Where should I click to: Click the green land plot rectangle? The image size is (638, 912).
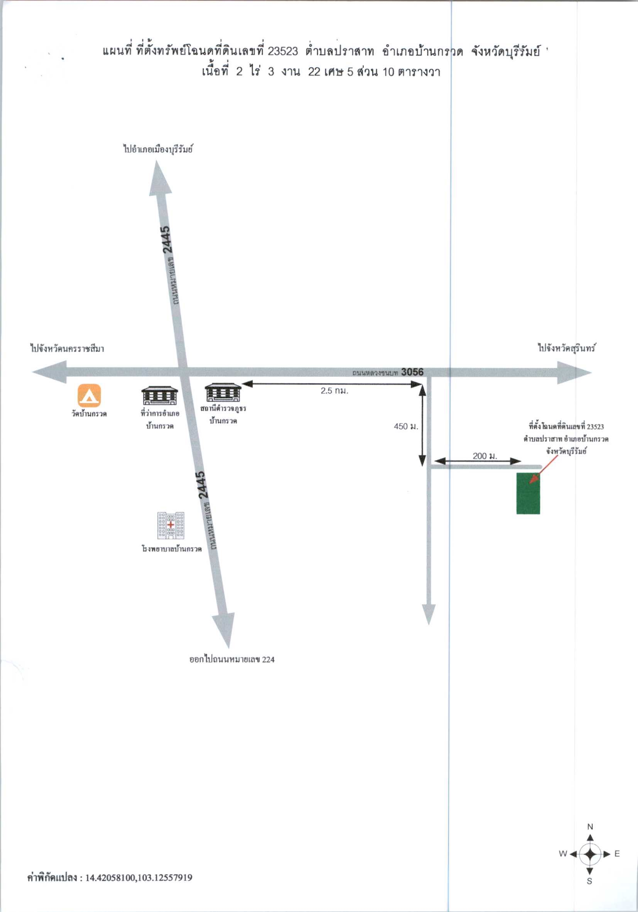528,493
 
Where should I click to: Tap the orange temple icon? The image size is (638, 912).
89,395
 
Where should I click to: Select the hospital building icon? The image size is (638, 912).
171,526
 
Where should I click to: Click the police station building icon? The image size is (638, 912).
223,393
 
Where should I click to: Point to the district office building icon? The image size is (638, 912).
160,395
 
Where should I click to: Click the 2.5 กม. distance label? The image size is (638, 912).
334,391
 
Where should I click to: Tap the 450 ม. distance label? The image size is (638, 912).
406,426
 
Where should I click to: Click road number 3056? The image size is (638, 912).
412,372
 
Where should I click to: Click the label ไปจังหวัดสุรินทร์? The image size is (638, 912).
567,348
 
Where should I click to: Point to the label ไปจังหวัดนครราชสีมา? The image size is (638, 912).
68,349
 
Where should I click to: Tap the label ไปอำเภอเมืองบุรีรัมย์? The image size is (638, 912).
158,150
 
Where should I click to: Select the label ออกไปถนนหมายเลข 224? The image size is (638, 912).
232,659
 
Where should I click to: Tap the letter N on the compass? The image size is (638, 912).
590,826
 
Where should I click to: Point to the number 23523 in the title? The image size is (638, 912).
283,51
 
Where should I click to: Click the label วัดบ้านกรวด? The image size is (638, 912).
89,413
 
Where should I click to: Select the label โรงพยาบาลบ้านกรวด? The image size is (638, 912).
172,549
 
